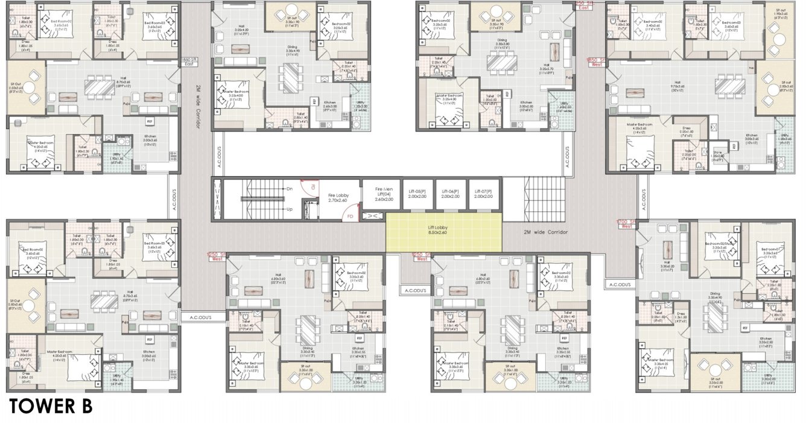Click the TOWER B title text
click(50, 406)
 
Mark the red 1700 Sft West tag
click(625, 224)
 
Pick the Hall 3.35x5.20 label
click(667, 267)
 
